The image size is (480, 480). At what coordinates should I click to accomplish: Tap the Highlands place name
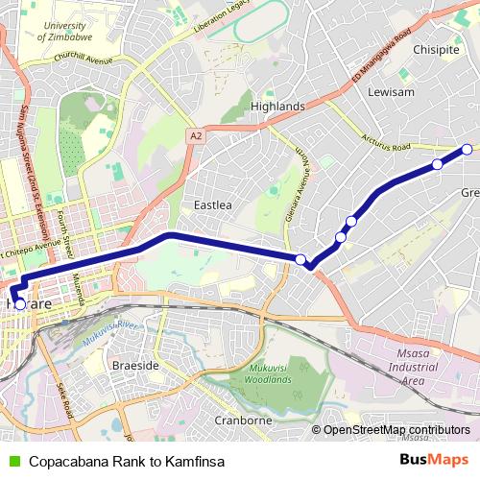[276, 106]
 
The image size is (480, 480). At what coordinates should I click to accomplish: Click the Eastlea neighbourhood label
[213, 205]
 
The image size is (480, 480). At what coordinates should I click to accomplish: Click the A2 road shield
[196, 136]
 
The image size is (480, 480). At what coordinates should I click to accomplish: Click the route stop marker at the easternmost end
[467, 149]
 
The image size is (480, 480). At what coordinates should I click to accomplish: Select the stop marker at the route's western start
[20, 303]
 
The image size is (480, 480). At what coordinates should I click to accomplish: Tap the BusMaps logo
[434, 461]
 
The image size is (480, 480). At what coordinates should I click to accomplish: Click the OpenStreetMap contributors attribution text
[396, 430]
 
